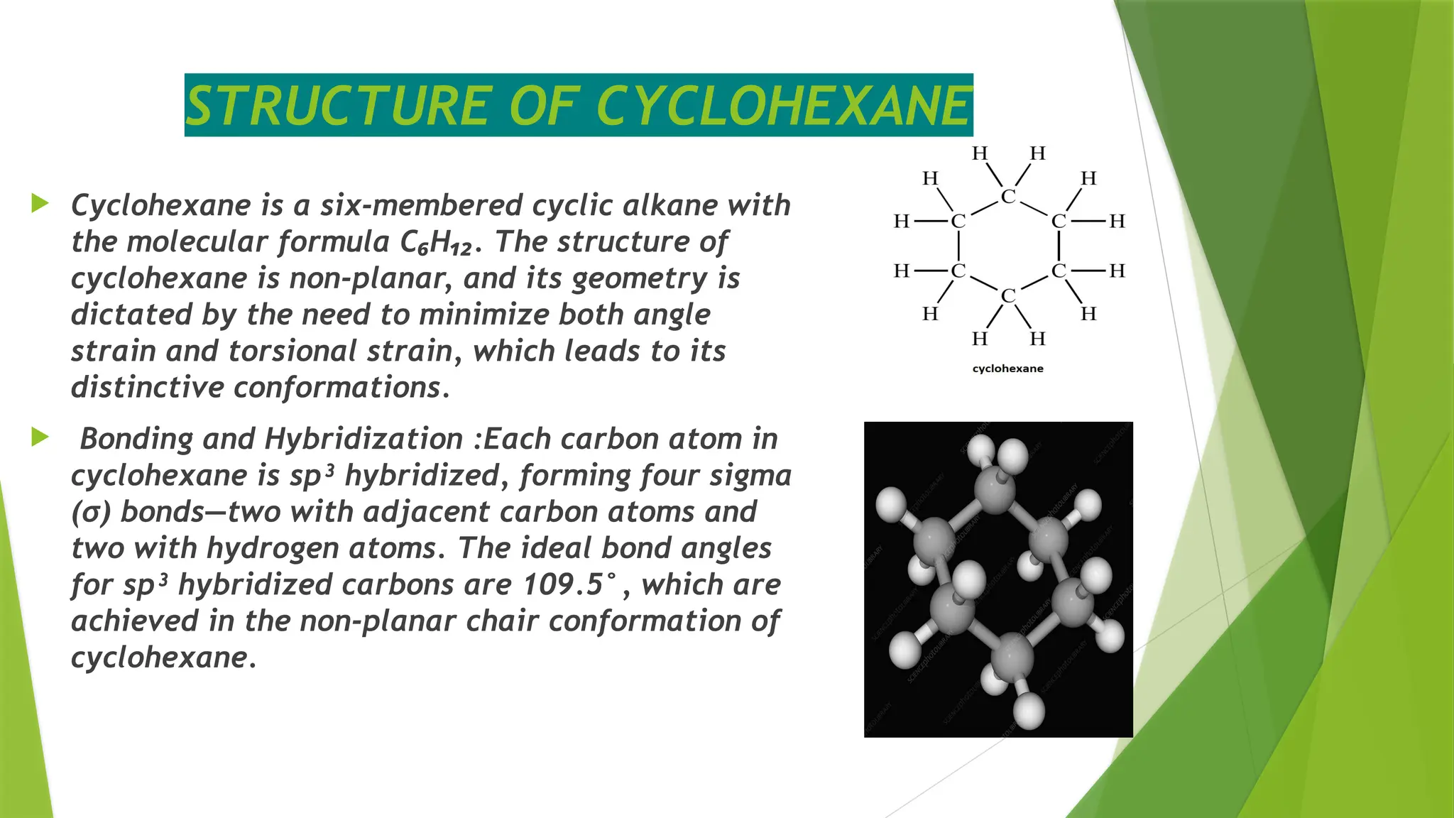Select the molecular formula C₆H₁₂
pos(436,243)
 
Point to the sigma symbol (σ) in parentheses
pos(92,513)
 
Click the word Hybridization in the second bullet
pos(363,439)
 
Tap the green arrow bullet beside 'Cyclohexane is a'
pos(40,204)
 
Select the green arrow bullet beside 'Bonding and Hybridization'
pos(40,437)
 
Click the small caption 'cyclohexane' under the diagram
pos(1007,369)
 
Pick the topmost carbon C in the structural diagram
pos(1008,196)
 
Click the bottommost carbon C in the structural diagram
pos(1008,295)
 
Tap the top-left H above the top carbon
pos(980,153)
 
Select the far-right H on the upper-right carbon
pos(1117,222)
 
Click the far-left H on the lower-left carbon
pos(901,271)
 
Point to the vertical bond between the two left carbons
pos(958,246)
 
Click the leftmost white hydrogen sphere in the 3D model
pos(890,503)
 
